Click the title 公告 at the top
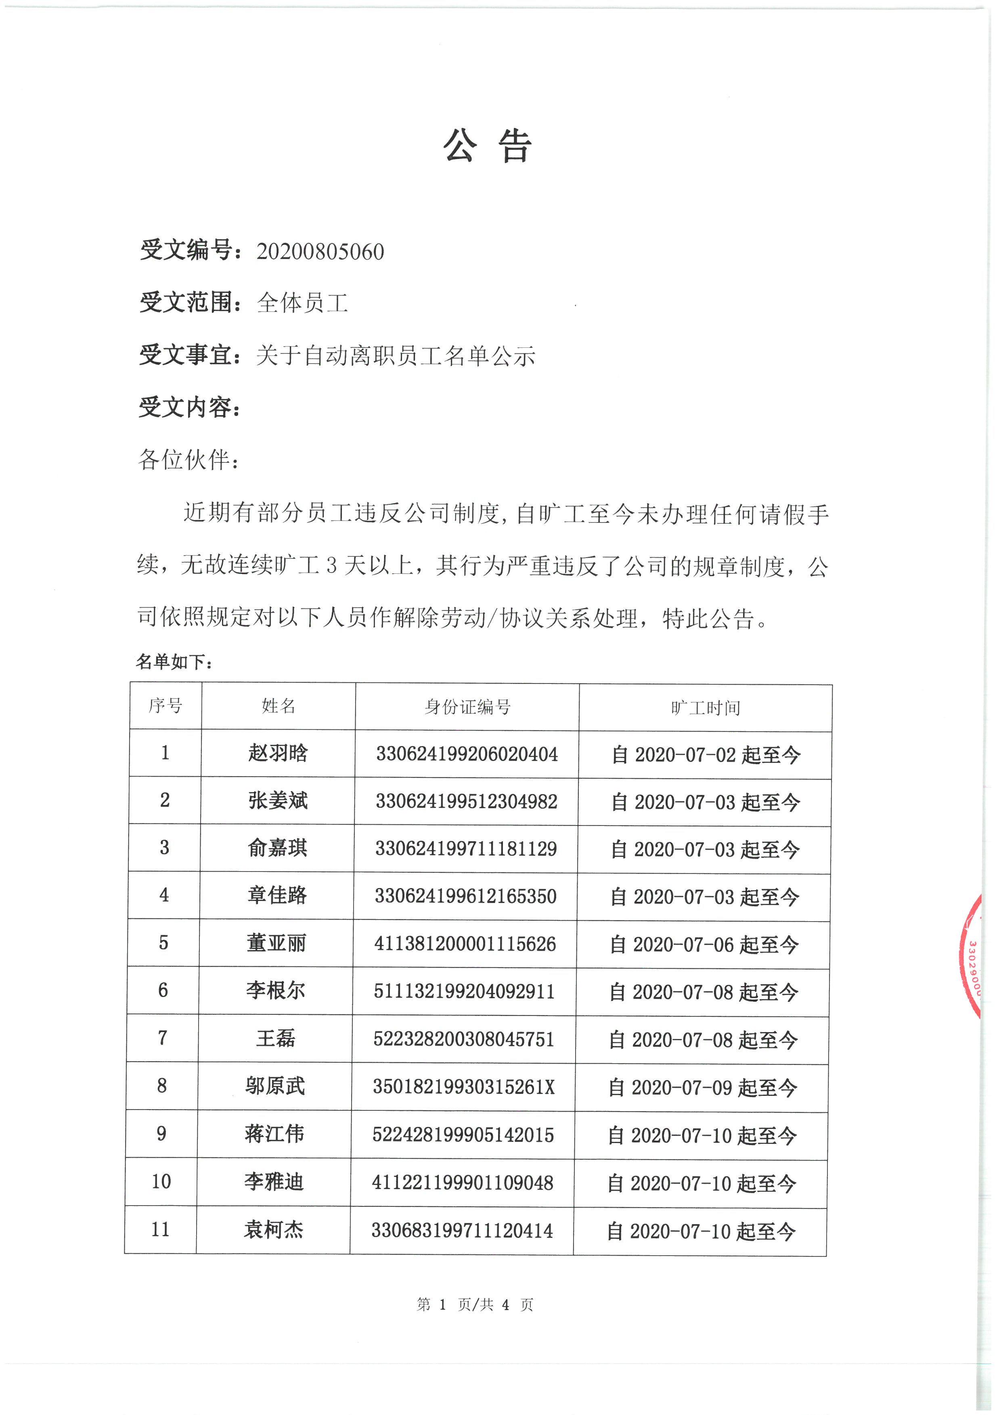tap(487, 147)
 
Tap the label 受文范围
tap(186, 303)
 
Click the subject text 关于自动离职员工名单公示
tap(395, 355)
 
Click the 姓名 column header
tap(279, 706)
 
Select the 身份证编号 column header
tap(467, 707)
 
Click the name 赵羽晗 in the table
tap(278, 753)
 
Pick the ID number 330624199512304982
tap(467, 802)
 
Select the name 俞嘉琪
tap(277, 848)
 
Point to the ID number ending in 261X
tap(463, 1087)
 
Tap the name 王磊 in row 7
tap(276, 1039)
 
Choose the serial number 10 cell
tap(161, 1181)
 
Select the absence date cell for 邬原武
tap(702, 1088)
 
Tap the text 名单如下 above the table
tap(174, 662)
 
